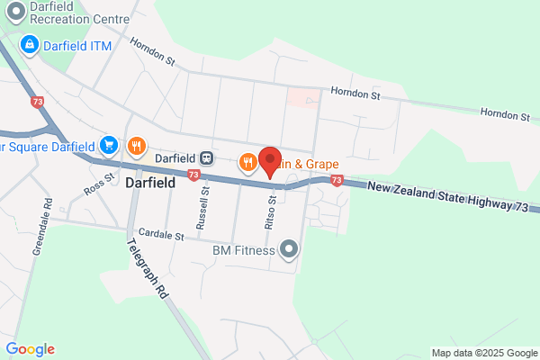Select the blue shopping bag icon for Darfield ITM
[x=29, y=43]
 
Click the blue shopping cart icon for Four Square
[x=109, y=145]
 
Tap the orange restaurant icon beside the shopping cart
[x=137, y=145]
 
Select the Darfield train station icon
[x=207, y=157]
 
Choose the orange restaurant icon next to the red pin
[x=247, y=163]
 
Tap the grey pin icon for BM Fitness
[x=289, y=249]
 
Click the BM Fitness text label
[x=243, y=249]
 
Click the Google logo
[x=30, y=348]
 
